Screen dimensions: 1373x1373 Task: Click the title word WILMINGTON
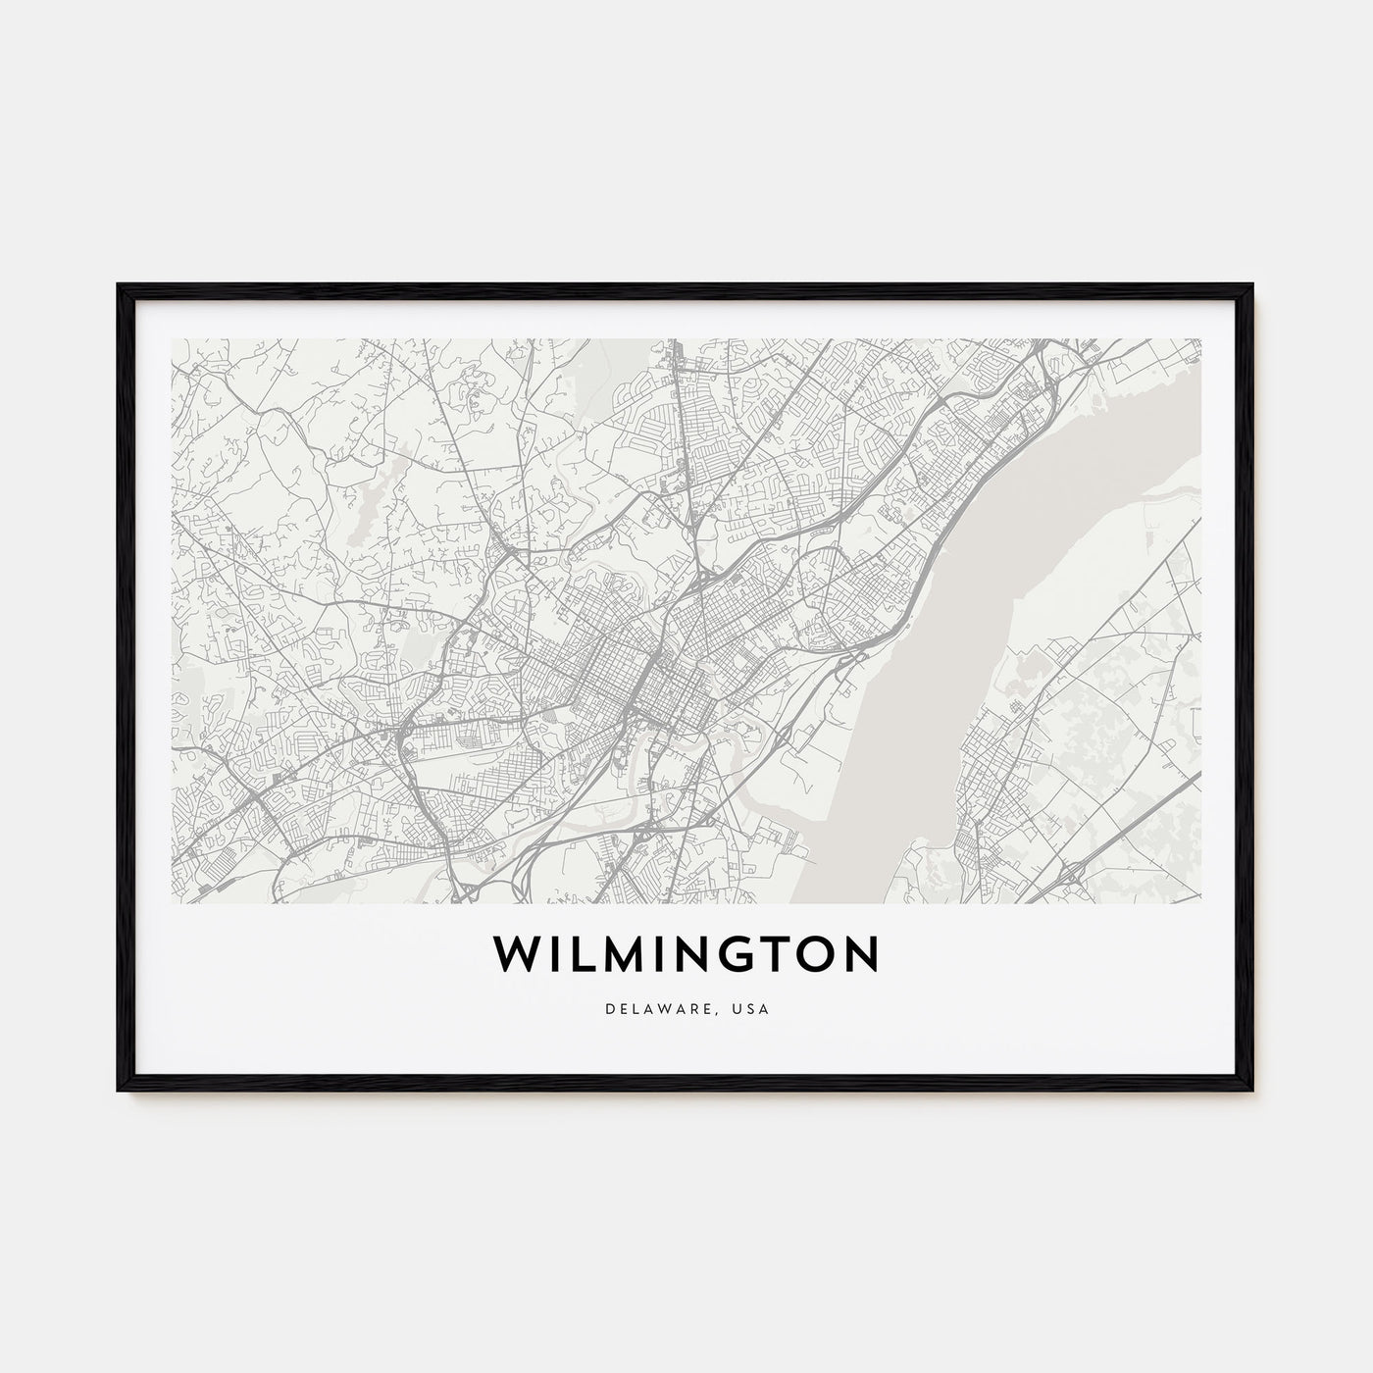tap(686, 953)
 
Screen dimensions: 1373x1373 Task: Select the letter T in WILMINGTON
tap(778, 953)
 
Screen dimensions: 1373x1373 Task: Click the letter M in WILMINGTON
tap(620, 953)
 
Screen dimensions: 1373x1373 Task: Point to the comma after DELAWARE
tap(727, 1011)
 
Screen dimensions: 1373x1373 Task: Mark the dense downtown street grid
tap(628, 677)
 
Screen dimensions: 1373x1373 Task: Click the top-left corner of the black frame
tap(120, 286)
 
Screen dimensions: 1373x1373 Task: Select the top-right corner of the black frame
tap(1252, 286)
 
